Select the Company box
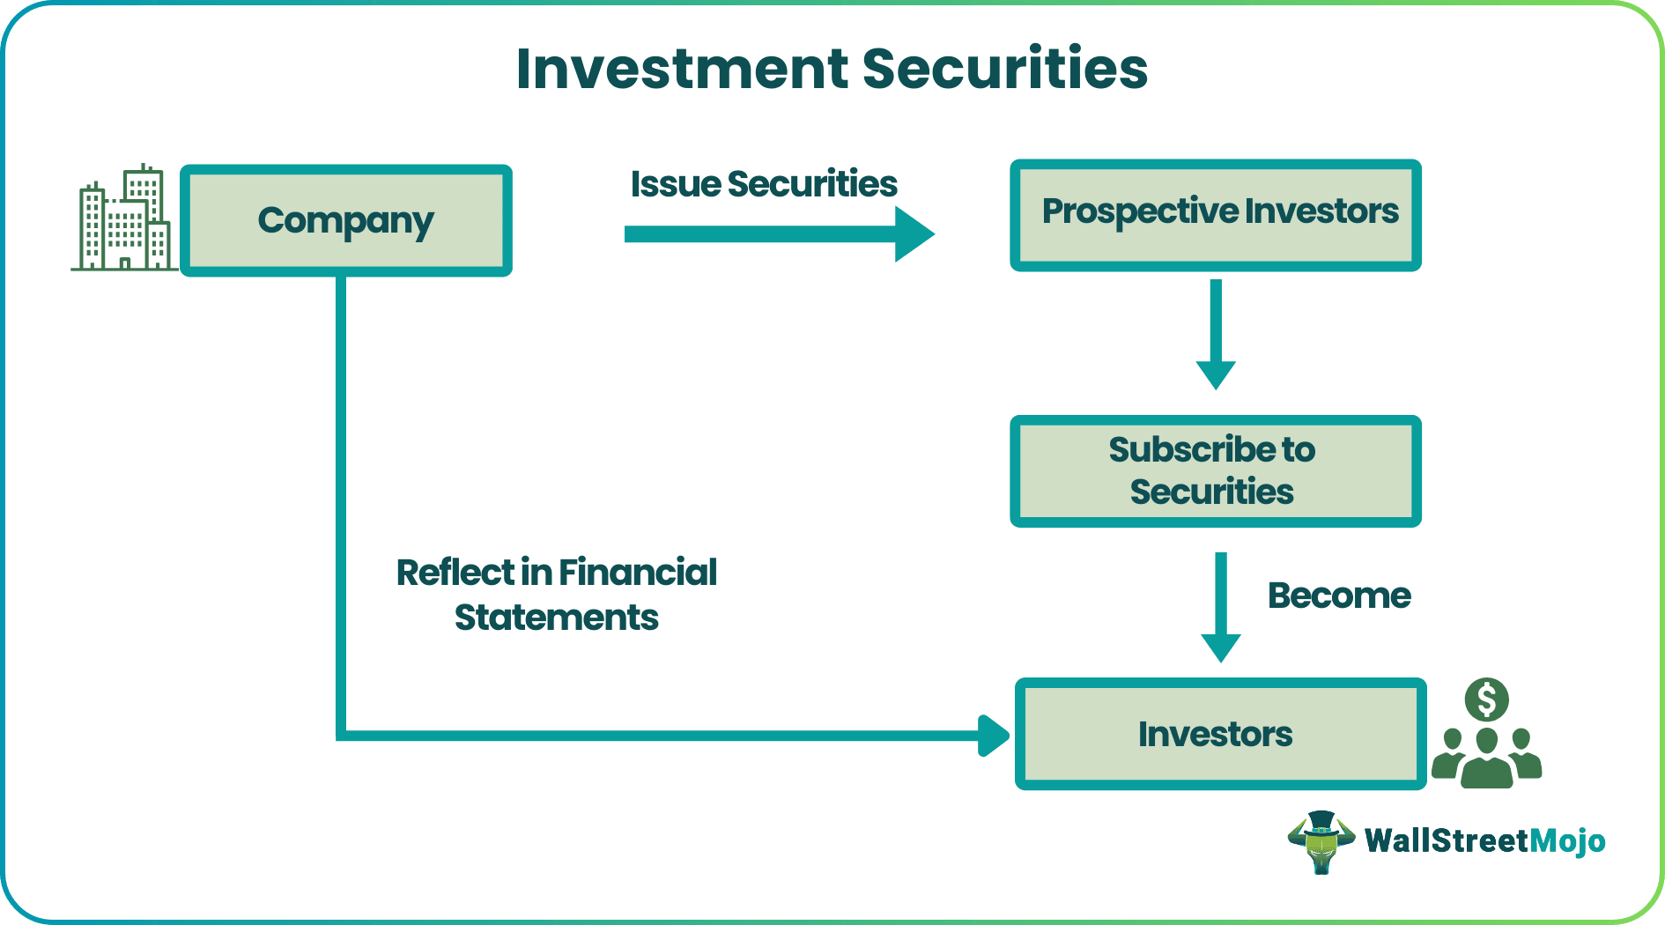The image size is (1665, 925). coord(346,220)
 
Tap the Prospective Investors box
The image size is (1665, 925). coord(1216,214)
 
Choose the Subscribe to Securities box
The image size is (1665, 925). coord(1216,471)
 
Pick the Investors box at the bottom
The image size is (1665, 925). coord(1219,734)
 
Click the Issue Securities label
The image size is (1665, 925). coord(763,184)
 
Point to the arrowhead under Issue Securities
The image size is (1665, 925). coord(914,234)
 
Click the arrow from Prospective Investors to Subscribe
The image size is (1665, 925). coord(1216,335)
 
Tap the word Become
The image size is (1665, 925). coord(1338,596)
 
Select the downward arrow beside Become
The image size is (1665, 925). coord(1221,608)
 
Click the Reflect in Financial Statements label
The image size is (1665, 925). coord(556,595)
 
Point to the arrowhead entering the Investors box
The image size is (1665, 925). coord(994,736)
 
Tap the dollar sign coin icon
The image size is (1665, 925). coord(1487,700)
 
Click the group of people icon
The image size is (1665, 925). coord(1487,758)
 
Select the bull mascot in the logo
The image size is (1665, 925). coord(1321,841)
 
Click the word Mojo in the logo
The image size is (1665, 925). coord(1567,840)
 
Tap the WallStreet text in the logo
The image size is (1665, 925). coord(1446,840)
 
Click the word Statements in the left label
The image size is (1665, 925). coord(556,618)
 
